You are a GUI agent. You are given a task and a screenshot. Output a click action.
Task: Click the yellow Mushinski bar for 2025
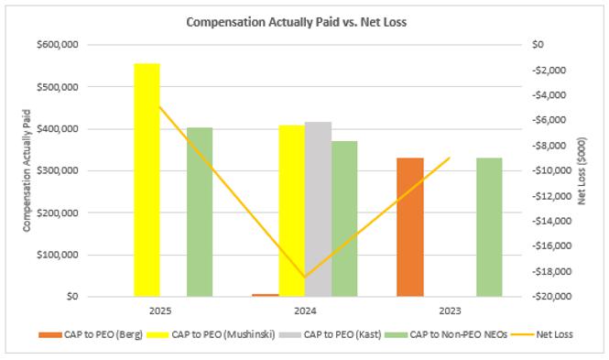(147, 180)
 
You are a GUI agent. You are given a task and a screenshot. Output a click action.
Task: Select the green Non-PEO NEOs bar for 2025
(200, 212)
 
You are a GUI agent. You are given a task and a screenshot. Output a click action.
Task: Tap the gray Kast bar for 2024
(318, 210)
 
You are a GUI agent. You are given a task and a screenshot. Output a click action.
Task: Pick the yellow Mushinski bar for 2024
(292, 211)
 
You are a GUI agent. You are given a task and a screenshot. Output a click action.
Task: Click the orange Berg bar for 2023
(410, 227)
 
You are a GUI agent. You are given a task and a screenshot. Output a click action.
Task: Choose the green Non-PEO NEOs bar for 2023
(489, 227)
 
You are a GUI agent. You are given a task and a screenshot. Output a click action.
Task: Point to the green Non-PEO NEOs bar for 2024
(344, 219)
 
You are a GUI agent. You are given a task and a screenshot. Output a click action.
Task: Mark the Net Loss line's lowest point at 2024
(305, 278)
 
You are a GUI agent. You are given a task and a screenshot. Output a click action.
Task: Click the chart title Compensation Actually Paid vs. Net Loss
(297, 22)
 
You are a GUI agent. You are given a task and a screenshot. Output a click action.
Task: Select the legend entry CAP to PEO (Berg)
(91, 334)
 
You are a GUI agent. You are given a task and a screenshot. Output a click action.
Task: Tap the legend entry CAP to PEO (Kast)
(330, 334)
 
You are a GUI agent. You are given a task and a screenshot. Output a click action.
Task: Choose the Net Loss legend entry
(542, 334)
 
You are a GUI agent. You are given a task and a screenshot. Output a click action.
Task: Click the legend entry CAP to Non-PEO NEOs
(446, 334)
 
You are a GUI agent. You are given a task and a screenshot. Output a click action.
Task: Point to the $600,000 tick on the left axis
(58, 45)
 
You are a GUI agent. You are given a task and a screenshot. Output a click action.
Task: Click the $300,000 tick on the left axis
(58, 170)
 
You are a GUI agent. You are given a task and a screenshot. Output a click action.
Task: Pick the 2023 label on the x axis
(450, 311)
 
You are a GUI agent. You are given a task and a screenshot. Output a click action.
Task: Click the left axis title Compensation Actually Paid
(27, 171)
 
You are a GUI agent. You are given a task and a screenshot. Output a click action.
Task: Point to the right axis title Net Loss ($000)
(582, 171)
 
